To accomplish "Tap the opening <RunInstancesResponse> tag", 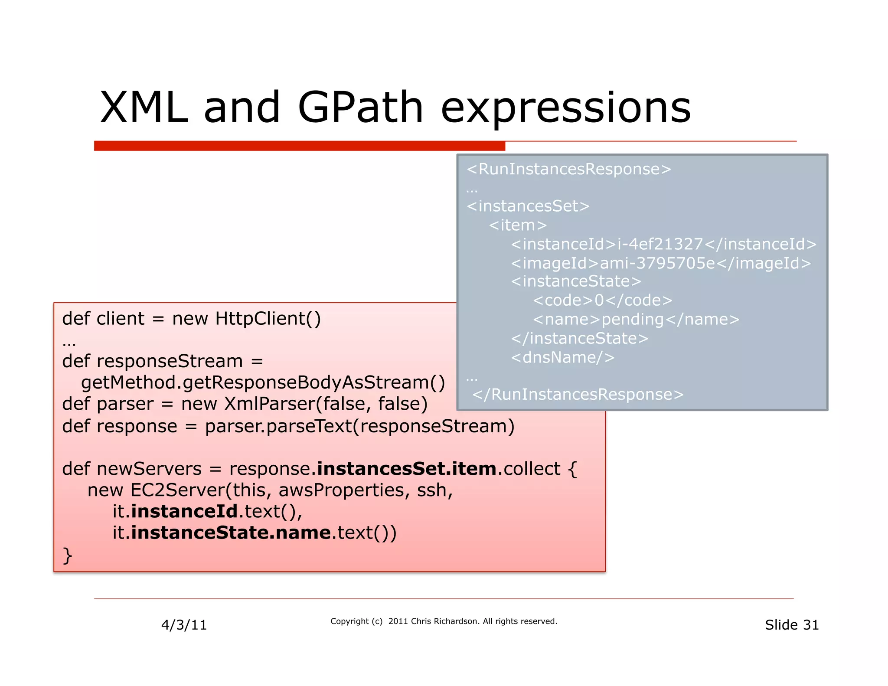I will (x=569, y=169).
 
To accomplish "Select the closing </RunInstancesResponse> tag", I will (x=578, y=395).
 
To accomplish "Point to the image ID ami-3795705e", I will (x=657, y=264).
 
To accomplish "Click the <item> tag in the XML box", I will (x=518, y=225).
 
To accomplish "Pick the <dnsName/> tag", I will (x=562, y=358).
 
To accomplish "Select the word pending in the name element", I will (x=633, y=320).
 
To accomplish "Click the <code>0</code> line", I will (x=602, y=301).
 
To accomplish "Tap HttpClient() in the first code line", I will (x=268, y=319).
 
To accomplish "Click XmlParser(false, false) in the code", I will (x=326, y=404).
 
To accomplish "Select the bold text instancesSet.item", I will (x=407, y=469).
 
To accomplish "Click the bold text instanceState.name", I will (x=231, y=533).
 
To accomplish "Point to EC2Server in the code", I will (x=177, y=490).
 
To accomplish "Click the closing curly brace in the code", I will (x=67, y=555).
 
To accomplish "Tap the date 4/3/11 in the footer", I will (x=184, y=625).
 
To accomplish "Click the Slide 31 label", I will (x=791, y=625).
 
